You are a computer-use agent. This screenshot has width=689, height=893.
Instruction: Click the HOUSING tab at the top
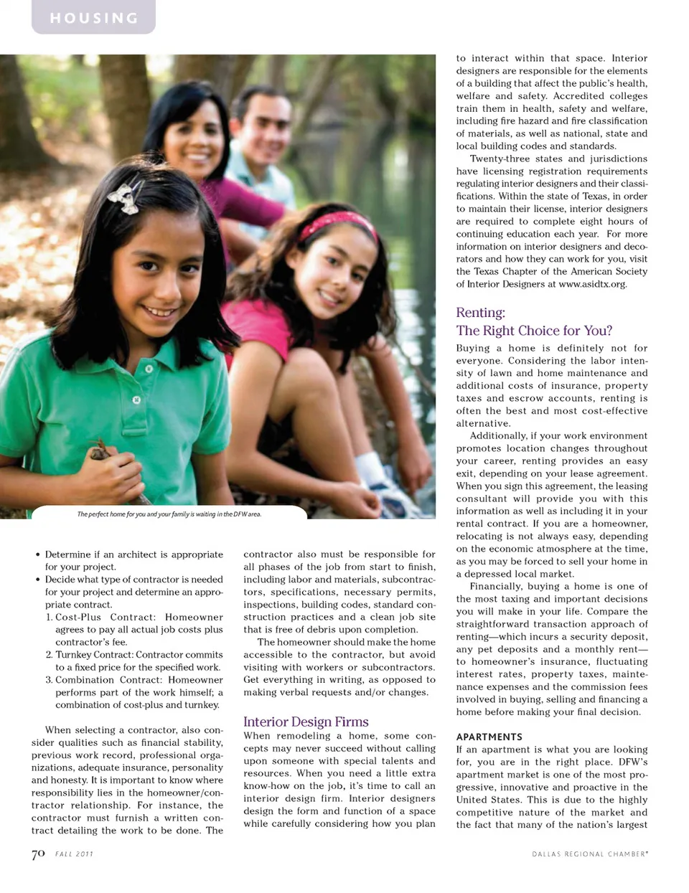tap(93, 18)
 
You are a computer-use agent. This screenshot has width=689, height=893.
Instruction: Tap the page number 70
tap(38, 854)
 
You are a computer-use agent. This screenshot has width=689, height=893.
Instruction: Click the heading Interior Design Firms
tap(306, 722)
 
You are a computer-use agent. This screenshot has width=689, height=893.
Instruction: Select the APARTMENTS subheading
tap(489, 737)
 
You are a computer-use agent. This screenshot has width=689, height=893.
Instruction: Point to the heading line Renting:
tap(480, 313)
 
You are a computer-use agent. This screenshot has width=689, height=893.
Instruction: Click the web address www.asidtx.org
tap(592, 284)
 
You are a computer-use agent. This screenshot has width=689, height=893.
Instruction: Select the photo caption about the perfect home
tap(169, 514)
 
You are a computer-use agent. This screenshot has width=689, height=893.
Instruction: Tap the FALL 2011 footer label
tap(74, 854)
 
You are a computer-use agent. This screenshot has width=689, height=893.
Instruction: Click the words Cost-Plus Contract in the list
tap(105, 617)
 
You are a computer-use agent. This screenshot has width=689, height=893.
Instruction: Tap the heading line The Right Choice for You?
tap(534, 331)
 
